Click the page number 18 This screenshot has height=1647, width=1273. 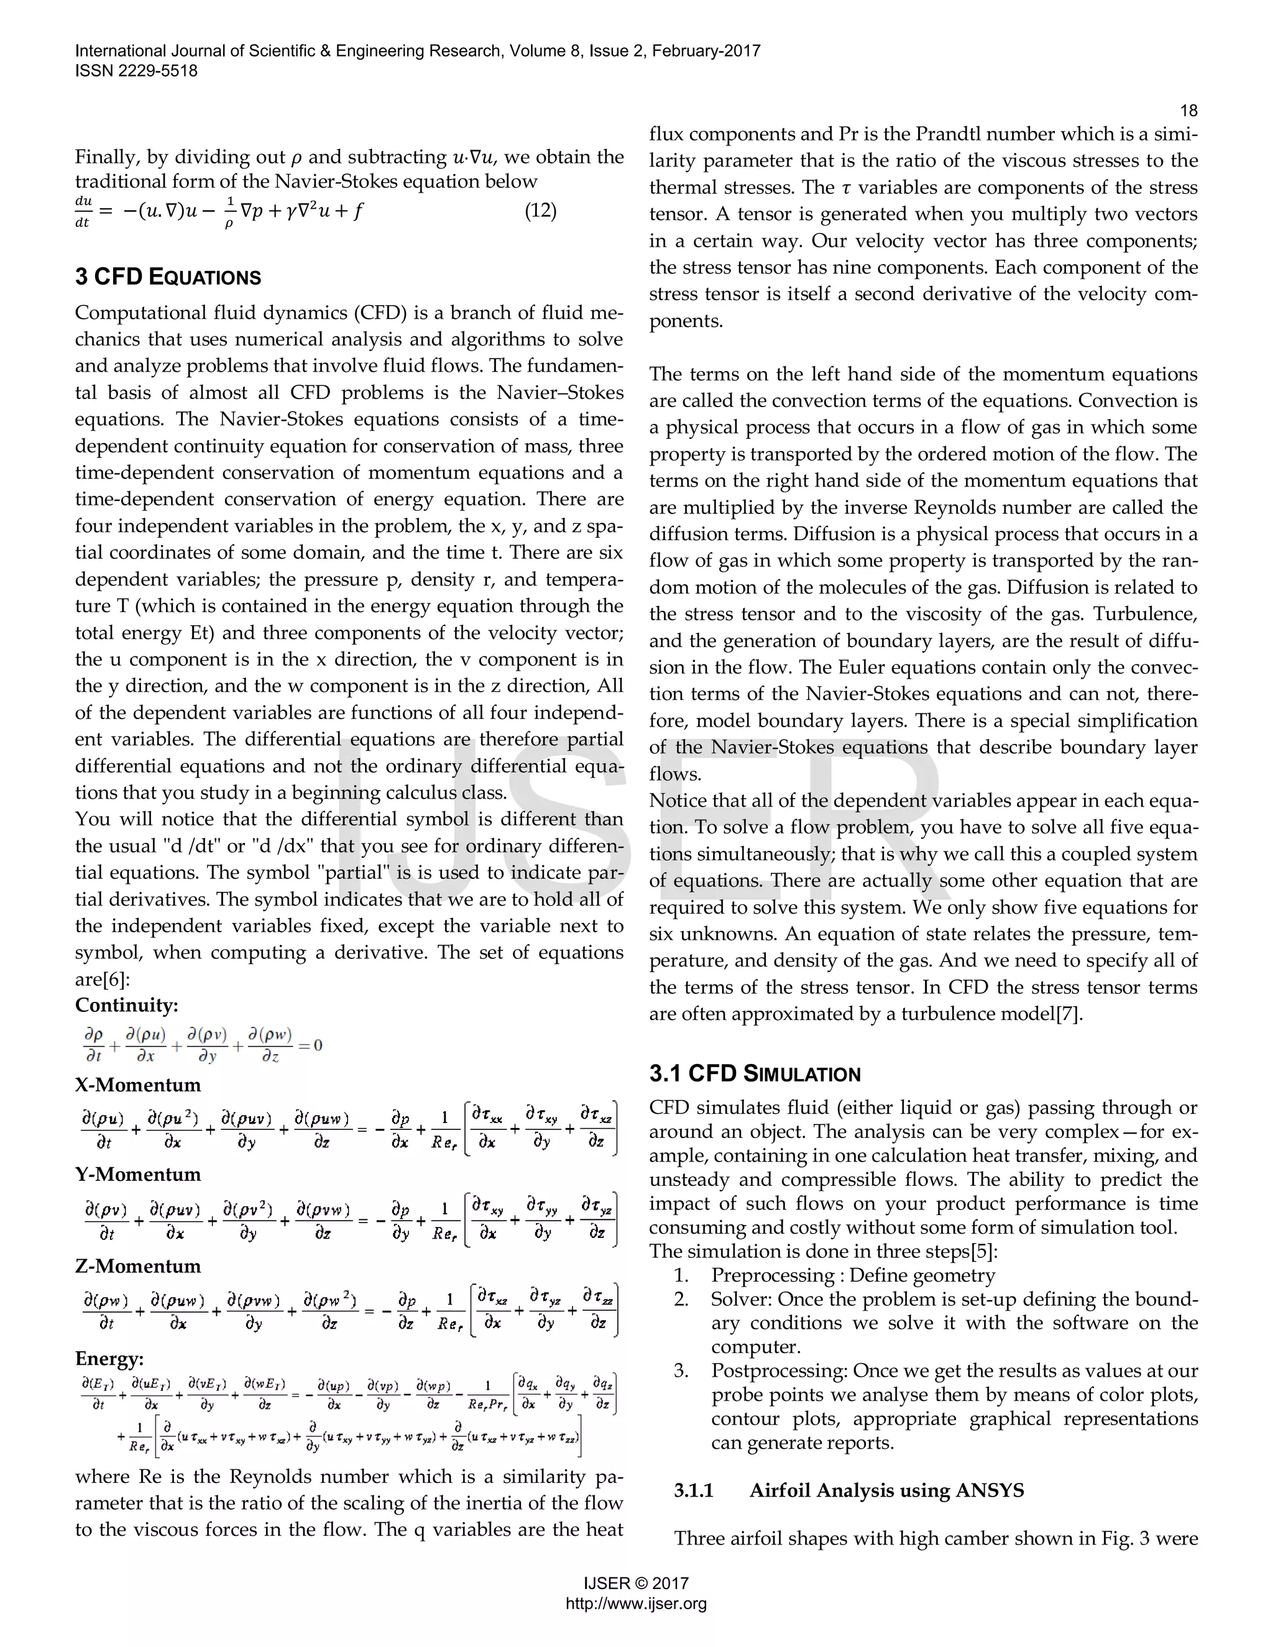1188,111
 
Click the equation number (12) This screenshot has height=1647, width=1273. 540,211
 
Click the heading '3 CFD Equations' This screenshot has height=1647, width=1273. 167,277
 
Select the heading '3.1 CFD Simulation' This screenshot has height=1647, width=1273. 754,1074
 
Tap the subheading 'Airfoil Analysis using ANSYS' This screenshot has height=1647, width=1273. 886,1491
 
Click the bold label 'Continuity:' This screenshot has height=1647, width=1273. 127,1005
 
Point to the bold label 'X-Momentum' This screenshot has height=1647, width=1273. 138,1085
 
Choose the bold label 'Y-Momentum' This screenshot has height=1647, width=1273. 138,1175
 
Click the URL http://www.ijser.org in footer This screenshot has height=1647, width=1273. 636,1604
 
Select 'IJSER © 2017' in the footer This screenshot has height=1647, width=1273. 636,1584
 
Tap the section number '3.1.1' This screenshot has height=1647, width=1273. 693,1491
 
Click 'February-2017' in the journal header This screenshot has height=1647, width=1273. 706,52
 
